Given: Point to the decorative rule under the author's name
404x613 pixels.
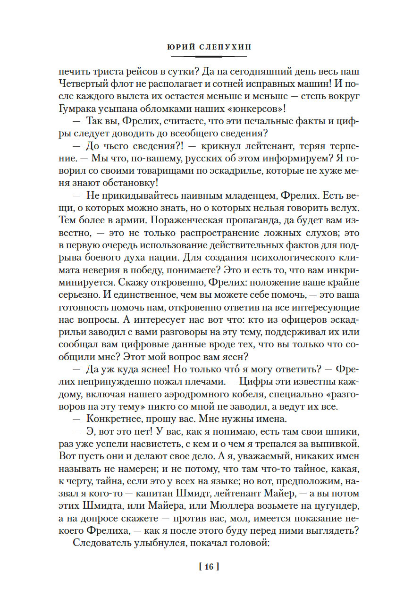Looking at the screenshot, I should [x=202, y=57].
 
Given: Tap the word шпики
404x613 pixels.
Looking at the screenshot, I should [x=330, y=403].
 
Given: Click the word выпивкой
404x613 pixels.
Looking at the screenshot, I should [x=328, y=416].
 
